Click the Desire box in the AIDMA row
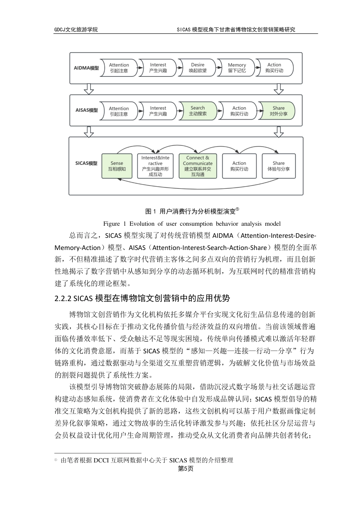(197, 68)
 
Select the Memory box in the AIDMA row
(237, 68)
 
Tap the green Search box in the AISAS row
(197, 111)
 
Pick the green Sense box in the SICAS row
(117, 166)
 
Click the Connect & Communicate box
(197, 166)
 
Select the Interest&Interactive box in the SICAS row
(155, 166)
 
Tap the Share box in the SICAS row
(278, 166)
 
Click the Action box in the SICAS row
(239, 166)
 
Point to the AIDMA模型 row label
(86, 68)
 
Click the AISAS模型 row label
(86, 110)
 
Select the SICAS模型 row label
(86, 164)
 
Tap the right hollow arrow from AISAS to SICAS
(279, 131)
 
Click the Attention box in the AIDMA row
(119, 68)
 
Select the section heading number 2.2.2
(63, 298)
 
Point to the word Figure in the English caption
(111, 223)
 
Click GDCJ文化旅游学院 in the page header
(76, 30)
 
